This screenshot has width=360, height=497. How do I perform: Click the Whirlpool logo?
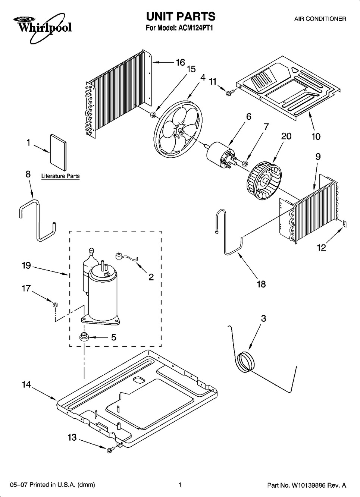point(43,28)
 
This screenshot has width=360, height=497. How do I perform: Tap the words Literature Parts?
point(60,176)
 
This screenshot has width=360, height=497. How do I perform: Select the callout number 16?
point(180,63)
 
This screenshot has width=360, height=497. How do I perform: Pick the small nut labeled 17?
point(55,304)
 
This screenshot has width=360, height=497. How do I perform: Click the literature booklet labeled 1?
point(58,152)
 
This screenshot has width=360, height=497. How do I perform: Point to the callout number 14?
point(26,384)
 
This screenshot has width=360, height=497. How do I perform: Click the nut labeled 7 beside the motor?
point(245,164)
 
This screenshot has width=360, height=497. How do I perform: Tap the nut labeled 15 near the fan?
point(153,114)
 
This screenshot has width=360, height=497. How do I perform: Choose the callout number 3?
point(263,318)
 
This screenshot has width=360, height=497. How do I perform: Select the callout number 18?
point(261,284)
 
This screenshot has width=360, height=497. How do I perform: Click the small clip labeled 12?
point(344,224)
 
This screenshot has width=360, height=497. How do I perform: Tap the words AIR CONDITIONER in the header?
point(320,19)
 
